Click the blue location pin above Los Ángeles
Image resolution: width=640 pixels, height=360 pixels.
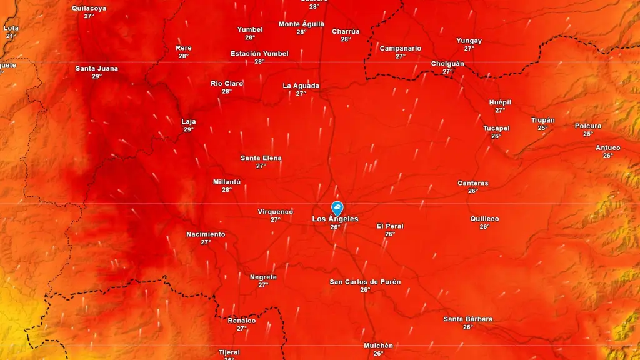tap(337, 208)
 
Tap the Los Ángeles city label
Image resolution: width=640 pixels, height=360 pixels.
tap(336, 219)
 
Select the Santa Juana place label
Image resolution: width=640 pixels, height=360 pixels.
tap(97, 68)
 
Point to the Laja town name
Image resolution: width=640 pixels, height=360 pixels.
tap(189, 121)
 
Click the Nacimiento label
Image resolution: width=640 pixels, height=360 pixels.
tap(206, 234)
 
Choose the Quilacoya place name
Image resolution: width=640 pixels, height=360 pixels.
tap(89, 8)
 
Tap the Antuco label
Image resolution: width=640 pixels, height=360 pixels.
tap(608, 147)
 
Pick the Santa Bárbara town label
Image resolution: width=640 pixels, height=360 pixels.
tap(468, 319)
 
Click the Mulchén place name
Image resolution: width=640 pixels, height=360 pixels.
tap(379, 346)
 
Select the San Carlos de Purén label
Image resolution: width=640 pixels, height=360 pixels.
tap(365, 282)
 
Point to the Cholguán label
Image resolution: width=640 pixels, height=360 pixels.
tap(447, 64)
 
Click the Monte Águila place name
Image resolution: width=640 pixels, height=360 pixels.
tap(301, 24)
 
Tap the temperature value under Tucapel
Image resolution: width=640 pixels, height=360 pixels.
tap(496, 136)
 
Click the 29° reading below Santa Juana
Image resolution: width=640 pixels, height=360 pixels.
tap(97, 76)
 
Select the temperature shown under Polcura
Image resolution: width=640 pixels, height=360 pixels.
tap(588, 134)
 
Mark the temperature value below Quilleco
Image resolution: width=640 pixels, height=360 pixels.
tap(484, 227)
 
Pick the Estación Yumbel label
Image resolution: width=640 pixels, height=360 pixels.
tap(259, 54)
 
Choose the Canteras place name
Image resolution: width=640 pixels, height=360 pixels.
tap(473, 183)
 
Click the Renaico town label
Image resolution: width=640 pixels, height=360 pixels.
tap(242, 321)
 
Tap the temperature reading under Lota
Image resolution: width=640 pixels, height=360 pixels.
tap(11, 36)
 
